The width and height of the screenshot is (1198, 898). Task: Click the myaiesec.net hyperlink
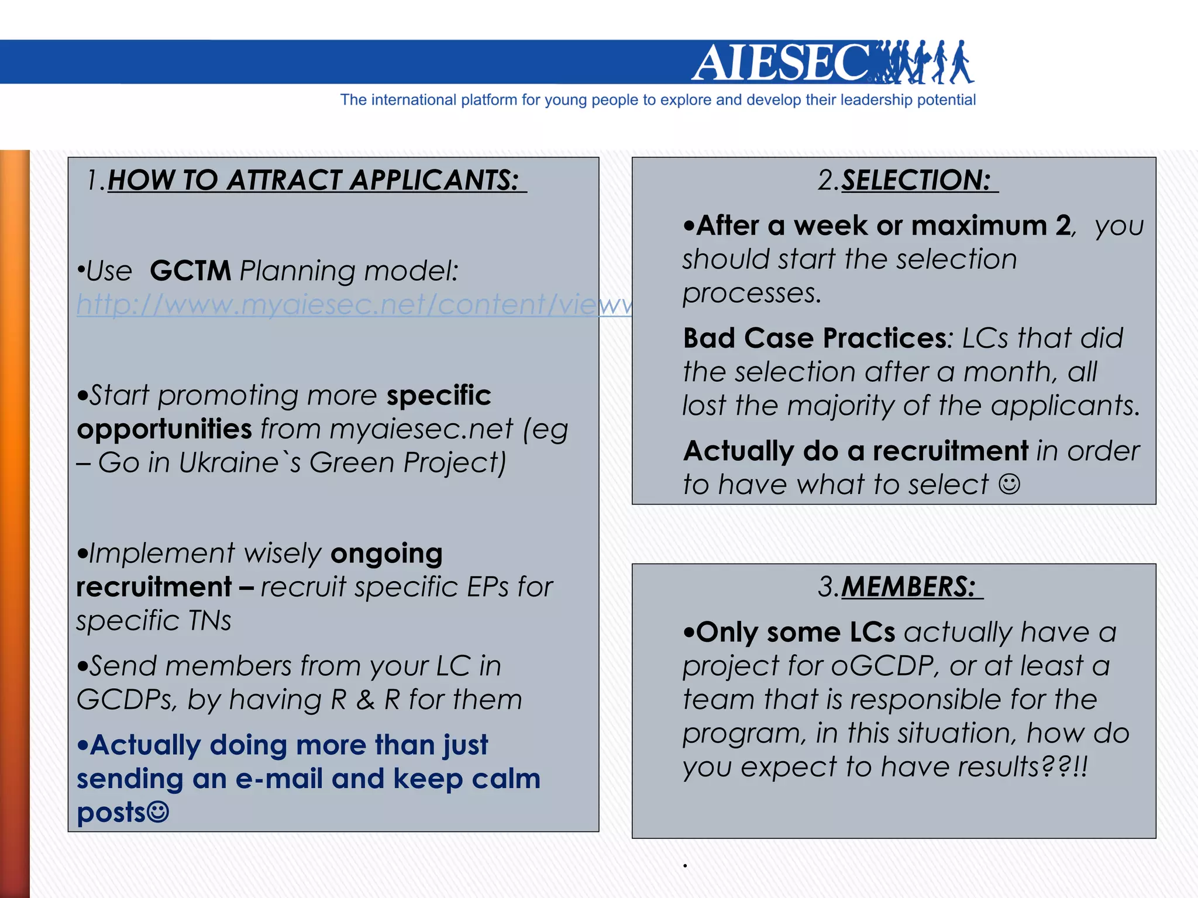point(354,305)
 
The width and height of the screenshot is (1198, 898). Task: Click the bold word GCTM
point(190,271)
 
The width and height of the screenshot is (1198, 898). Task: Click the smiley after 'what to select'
point(1009,484)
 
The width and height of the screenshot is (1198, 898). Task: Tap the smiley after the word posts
point(158,812)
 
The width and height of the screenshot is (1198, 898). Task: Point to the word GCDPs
point(126,700)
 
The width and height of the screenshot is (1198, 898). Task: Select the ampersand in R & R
point(366,700)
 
